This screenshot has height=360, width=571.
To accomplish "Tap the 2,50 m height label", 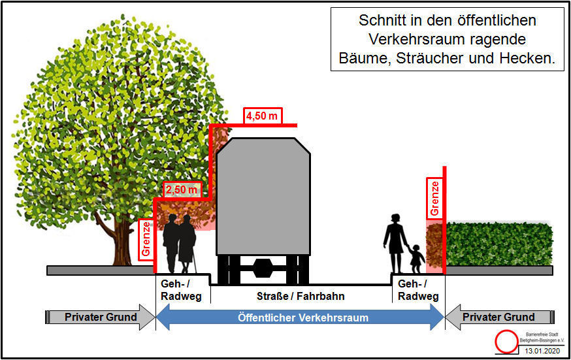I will [x=181, y=189].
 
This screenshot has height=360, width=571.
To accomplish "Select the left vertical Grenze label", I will [x=146, y=239].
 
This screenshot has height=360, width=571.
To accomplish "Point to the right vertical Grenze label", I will [x=434, y=199].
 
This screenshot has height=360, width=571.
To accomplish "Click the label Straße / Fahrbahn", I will [x=301, y=296].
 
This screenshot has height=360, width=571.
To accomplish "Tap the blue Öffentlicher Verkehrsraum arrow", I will [x=300, y=318].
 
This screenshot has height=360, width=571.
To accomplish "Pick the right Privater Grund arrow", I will [x=498, y=318].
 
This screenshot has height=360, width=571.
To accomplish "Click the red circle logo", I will [x=506, y=342].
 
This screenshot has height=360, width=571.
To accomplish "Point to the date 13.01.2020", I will [x=541, y=351].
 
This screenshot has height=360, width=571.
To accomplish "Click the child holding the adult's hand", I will [x=416, y=259].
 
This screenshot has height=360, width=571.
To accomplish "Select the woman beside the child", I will [x=396, y=242].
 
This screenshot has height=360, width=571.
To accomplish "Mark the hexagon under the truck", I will [x=264, y=269].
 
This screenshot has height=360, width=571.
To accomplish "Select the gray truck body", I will [x=263, y=196].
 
